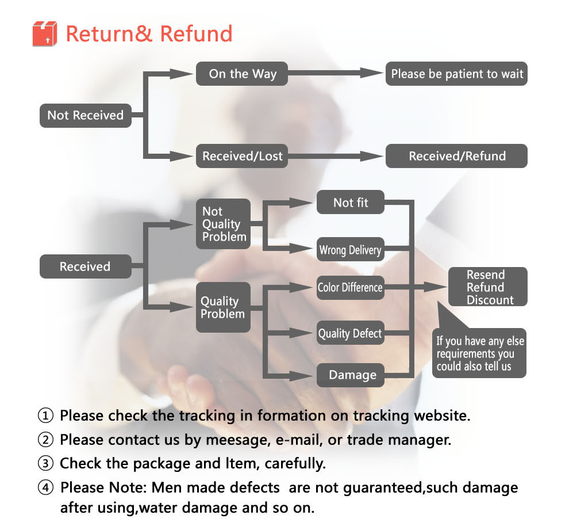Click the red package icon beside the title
tap(45, 33)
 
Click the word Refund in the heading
tap(196, 33)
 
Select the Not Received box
tap(85, 115)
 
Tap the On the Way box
tap(242, 74)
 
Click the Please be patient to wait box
tap(456, 74)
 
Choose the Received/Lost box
tap(242, 156)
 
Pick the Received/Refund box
tap(456, 156)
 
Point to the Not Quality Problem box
tap(224, 224)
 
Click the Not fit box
tap(350, 203)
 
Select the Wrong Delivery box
tap(350, 250)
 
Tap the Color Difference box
tap(350, 287)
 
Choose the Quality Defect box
tap(350, 333)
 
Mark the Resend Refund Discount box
tap(487, 287)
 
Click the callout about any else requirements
tap(479, 354)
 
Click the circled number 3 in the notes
tap(45, 463)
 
